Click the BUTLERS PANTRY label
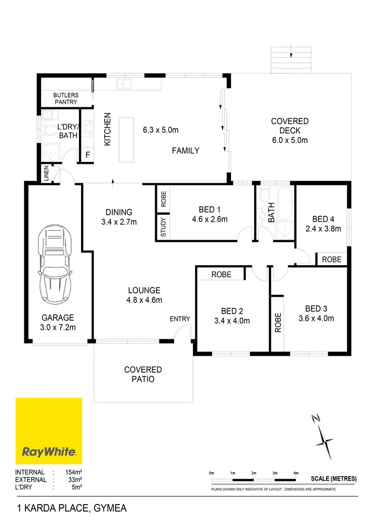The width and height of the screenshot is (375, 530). coord(66,98)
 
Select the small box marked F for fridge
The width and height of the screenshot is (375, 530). coord(87,155)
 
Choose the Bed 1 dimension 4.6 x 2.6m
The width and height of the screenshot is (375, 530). coord(210,219)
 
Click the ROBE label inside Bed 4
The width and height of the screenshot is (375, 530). coord(331,260)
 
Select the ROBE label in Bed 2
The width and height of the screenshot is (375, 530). coord(220,274)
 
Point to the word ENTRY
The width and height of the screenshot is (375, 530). coord(180,319)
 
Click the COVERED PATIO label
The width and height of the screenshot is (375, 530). coord(143,374)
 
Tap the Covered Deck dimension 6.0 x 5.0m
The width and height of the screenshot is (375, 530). coord(290,140)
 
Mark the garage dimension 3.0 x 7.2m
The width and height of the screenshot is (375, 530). coord(58,327)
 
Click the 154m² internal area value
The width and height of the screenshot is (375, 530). coord(72,472)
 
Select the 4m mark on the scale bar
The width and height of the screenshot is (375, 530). coord(296,473)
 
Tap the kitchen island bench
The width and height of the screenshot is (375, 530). coord(127,139)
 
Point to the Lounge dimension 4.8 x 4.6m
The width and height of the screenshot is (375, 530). coord(144,300)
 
